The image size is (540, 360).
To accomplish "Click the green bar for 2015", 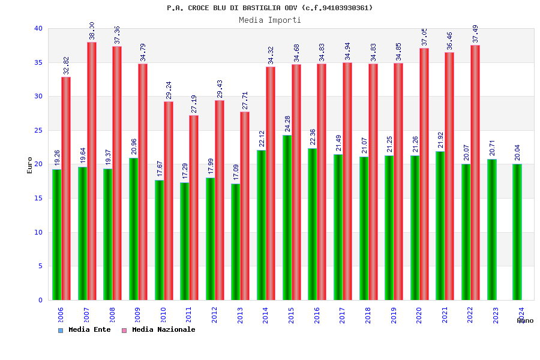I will pos(287,217).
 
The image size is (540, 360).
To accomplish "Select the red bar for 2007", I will pos(92,171).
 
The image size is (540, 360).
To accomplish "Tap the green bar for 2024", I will pos(517,232).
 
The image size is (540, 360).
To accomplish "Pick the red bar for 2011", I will pos(194,208).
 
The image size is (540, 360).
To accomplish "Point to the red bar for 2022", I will pos(475,172).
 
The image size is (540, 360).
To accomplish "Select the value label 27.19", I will pos(194,104).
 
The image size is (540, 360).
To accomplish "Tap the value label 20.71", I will pos(492,148).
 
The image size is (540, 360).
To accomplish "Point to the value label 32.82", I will pos(67,66).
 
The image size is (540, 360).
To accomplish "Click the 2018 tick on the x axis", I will pos(368,315).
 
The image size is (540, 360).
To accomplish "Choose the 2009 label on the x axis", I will pos(137,315).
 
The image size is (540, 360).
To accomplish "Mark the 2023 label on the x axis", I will pos(496,315).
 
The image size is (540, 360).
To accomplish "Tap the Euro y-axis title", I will pos(30,166).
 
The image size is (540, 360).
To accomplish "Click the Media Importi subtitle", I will pos(270,20).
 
